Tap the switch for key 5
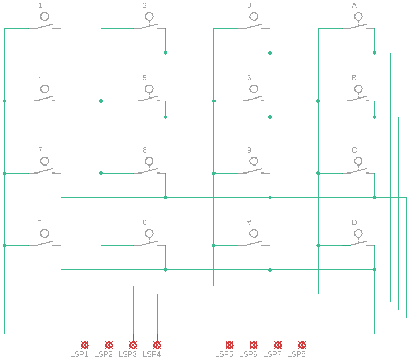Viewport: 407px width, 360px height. [x=150, y=95]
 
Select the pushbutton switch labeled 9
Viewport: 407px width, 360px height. [x=254, y=168]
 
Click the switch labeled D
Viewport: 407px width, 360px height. [x=359, y=240]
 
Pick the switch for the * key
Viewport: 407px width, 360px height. [x=45, y=240]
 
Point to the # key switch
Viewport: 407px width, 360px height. [x=254, y=240]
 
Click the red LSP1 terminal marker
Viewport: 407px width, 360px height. [x=85, y=345]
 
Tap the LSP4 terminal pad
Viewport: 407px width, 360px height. [x=157, y=345]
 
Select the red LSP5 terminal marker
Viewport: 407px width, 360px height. [x=230, y=345]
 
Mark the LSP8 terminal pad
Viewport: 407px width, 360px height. [x=302, y=345]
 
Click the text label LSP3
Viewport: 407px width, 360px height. [x=128, y=354]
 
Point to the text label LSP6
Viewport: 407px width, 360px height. [x=248, y=354]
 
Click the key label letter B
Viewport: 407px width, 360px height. [x=354, y=78]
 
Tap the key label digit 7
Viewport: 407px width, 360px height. [x=40, y=150]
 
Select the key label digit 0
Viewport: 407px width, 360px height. [x=145, y=222]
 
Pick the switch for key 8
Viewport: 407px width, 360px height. [x=150, y=168]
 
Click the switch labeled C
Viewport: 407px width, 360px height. [x=359, y=168]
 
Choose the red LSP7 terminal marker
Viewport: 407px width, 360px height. [x=278, y=345]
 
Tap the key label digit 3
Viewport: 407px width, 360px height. [x=249, y=5]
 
